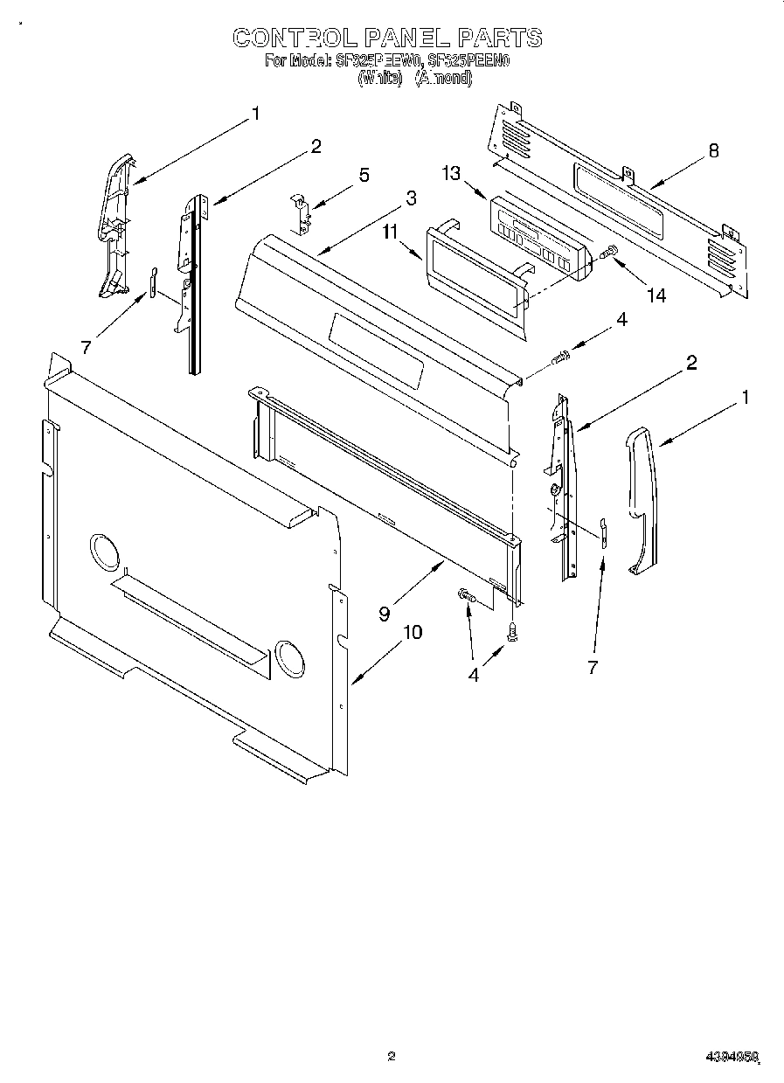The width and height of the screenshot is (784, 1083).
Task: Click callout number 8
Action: tap(713, 150)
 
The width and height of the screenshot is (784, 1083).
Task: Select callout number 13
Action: tap(451, 174)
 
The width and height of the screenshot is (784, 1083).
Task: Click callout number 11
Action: tap(390, 232)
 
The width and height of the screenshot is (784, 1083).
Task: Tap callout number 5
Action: tap(364, 174)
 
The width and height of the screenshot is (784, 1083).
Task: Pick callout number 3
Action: tap(411, 198)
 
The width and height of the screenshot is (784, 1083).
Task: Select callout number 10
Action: tap(412, 631)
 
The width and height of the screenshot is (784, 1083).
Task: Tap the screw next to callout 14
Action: tap(609, 253)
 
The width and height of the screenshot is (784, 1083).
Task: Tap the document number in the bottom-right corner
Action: tap(731, 1057)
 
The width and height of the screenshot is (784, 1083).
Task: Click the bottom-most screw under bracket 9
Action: tap(513, 634)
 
